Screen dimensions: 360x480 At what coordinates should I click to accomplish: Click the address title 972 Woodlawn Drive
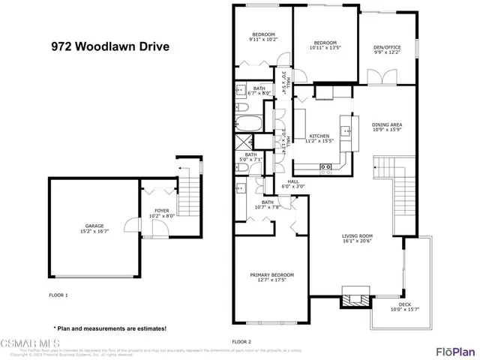[x=109, y=46]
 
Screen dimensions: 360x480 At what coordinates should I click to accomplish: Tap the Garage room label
[x=85, y=228]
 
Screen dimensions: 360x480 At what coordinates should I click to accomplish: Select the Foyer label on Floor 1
[x=162, y=213]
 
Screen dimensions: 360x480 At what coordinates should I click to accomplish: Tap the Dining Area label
[x=387, y=125]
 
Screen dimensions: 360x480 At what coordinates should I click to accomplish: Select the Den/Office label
[x=387, y=49]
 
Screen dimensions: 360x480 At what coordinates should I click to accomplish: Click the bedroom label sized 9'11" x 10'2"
[x=262, y=37]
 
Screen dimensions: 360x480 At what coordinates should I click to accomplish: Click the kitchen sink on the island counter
[x=346, y=130]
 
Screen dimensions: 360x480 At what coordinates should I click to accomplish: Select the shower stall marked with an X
[x=243, y=142]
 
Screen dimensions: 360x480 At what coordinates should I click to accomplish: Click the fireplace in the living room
[x=355, y=297]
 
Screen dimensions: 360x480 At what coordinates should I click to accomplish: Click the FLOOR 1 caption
[x=58, y=295]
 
